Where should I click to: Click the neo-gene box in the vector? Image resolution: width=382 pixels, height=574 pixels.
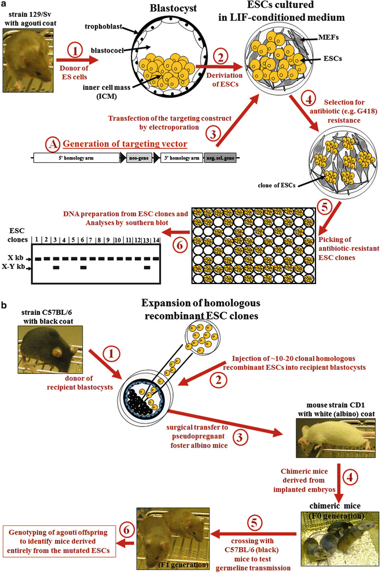tap(139, 157)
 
